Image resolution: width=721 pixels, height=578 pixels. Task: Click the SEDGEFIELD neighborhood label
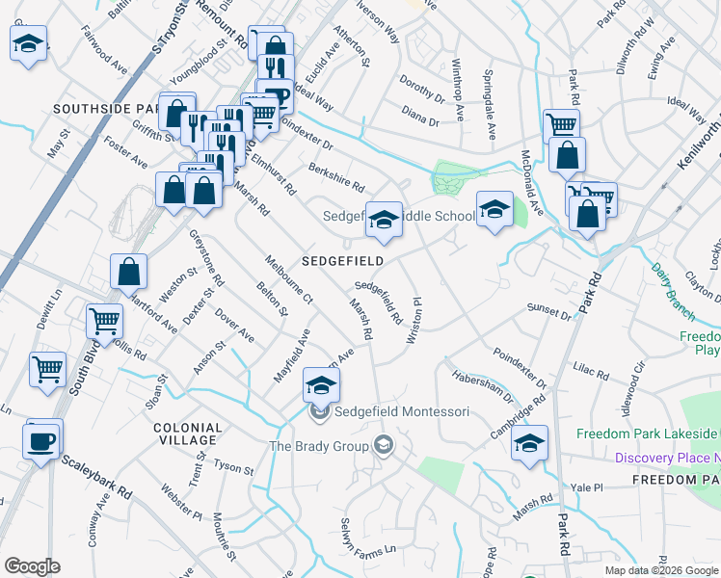click(x=342, y=261)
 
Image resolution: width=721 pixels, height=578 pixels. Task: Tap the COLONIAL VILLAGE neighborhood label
click(x=187, y=433)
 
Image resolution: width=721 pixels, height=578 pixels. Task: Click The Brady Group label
click(x=319, y=446)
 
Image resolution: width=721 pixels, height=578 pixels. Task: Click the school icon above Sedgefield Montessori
click(x=322, y=385)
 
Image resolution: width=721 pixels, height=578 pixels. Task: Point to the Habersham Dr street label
click(x=482, y=386)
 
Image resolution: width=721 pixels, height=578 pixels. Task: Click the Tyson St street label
click(x=233, y=469)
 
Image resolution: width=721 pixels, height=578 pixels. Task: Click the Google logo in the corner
click(x=32, y=565)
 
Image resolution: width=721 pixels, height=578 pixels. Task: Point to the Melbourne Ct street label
click(x=288, y=280)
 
